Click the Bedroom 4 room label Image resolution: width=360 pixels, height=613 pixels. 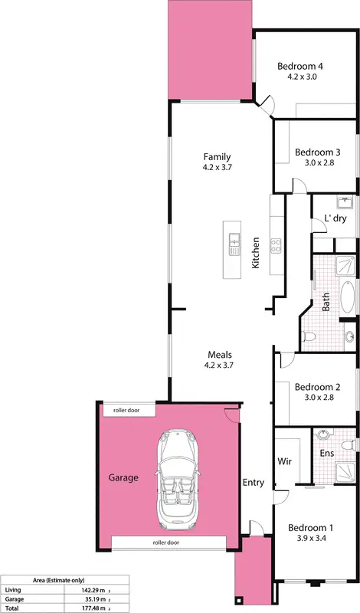tap(306, 65)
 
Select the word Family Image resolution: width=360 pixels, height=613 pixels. tap(218, 156)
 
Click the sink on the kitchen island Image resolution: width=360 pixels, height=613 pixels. tap(235, 245)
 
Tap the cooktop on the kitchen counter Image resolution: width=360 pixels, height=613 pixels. tap(276, 246)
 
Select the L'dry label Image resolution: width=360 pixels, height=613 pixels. tap(335, 218)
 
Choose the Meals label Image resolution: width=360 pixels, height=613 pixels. tap(218, 356)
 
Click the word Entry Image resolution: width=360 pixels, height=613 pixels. tap(254, 483)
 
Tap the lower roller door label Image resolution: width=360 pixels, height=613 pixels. tap(165, 543)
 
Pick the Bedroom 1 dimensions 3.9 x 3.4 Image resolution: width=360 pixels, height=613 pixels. tap(310, 539)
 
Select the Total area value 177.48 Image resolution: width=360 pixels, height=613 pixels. tap(77, 608)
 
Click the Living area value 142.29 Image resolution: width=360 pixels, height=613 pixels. tap(77, 590)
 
